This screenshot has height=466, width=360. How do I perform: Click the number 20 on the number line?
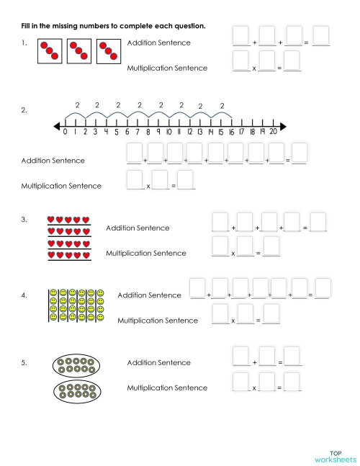tap(273, 133)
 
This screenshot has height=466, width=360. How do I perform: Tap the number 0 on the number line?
tap(65, 133)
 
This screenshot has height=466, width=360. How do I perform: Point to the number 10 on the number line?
tap(168, 133)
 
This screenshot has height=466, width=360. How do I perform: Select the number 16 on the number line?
tap(231, 133)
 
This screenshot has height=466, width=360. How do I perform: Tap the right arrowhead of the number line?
tap(282, 127)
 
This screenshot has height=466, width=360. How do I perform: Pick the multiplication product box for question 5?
tap(292, 382)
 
